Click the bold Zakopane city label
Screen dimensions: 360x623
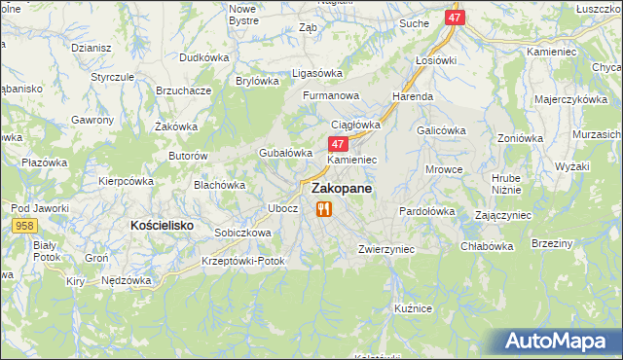tap(341, 191)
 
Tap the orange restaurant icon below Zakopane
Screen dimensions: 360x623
tap(324, 209)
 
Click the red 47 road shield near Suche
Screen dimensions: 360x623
tap(456, 18)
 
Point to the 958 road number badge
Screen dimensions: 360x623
tap(25, 226)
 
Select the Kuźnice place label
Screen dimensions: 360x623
tap(413, 307)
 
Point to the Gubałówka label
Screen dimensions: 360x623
tap(284, 153)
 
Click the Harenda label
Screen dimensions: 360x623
tap(413, 97)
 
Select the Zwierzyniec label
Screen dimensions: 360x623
tap(386, 249)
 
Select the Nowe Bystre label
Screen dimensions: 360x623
tap(242, 14)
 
